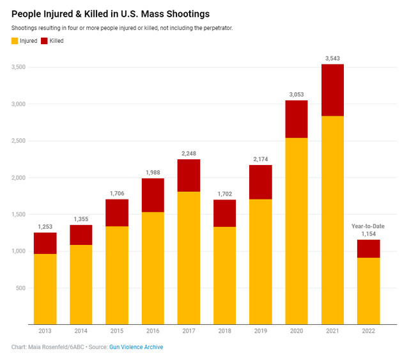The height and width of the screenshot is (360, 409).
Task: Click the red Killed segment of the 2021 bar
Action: click(x=332, y=90)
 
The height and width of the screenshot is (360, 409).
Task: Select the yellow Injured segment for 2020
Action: click(x=297, y=231)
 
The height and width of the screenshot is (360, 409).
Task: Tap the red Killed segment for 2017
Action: click(x=189, y=175)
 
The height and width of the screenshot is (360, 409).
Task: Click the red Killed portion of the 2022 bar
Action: click(x=368, y=249)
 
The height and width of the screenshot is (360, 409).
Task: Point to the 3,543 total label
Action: click(x=332, y=58)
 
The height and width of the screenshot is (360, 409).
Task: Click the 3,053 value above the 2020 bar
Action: click(x=297, y=94)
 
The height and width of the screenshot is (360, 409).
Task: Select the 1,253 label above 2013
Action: click(x=45, y=226)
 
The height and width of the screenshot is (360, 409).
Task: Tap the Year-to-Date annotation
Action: click(x=368, y=226)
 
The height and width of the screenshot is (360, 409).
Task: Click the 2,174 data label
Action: click(x=261, y=159)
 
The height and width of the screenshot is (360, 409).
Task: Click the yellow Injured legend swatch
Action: click(x=15, y=41)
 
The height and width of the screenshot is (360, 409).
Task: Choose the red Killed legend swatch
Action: click(x=44, y=41)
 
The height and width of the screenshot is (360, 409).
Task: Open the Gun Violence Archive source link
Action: click(x=136, y=347)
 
